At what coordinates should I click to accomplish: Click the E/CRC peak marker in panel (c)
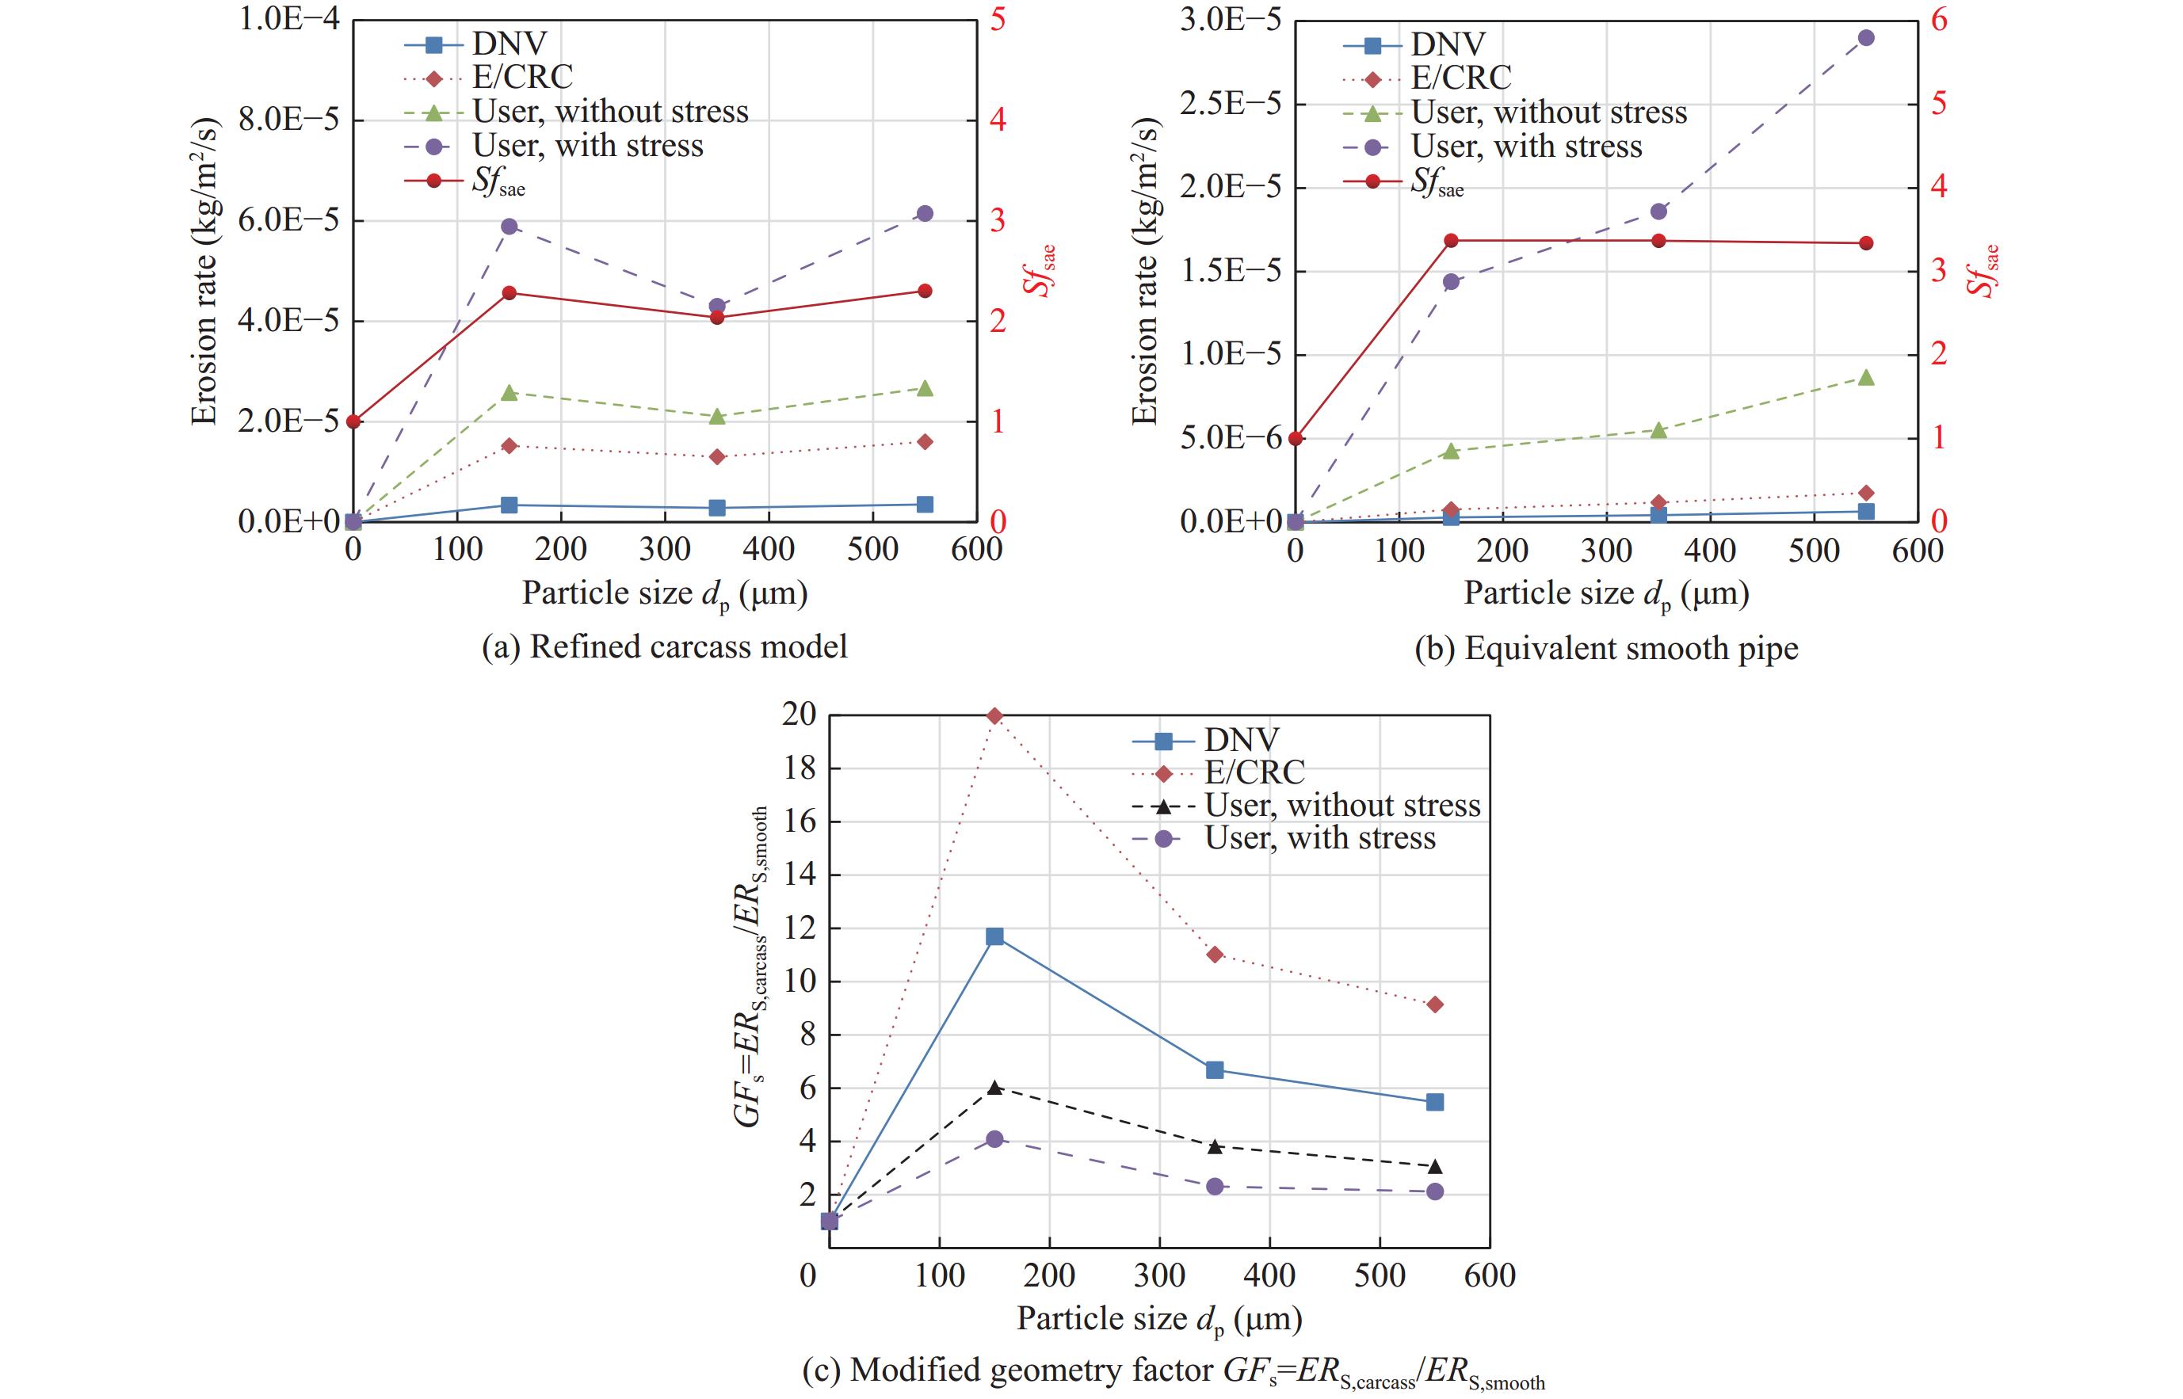click(x=994, y=716)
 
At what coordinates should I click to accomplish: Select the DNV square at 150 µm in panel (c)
click(x=994, y=936)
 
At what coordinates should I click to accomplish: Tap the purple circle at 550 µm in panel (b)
click(x=1866, y=38)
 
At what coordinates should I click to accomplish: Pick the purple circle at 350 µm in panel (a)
click(x=717, y=306)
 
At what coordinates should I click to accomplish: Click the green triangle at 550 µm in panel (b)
click(x=1866, y=378)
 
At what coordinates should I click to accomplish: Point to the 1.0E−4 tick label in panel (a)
click(x=288, y=19)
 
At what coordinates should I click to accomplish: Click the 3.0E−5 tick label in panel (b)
click(x=1230, y=19)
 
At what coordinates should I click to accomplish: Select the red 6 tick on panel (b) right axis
click(x=1939, y=19)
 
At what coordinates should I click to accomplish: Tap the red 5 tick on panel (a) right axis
click(x=998, y=19)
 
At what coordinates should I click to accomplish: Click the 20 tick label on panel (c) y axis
click(x=800, y=715)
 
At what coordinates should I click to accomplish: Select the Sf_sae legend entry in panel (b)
click(x=1435, y=182)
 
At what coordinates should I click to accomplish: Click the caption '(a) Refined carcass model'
click(x=664, y=646)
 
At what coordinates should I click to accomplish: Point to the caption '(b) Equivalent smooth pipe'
click(x=1605, y=649)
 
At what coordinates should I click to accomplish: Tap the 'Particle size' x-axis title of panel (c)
click(x=1159, y=1319)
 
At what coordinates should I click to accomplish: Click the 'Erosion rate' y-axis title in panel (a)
click(x=204, y=271)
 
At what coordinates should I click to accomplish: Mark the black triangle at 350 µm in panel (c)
click(x=1215, y=1146)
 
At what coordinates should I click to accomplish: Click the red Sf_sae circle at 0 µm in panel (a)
click(x=353, y=421)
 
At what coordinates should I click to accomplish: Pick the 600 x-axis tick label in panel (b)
click(x=1918, y=551)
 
